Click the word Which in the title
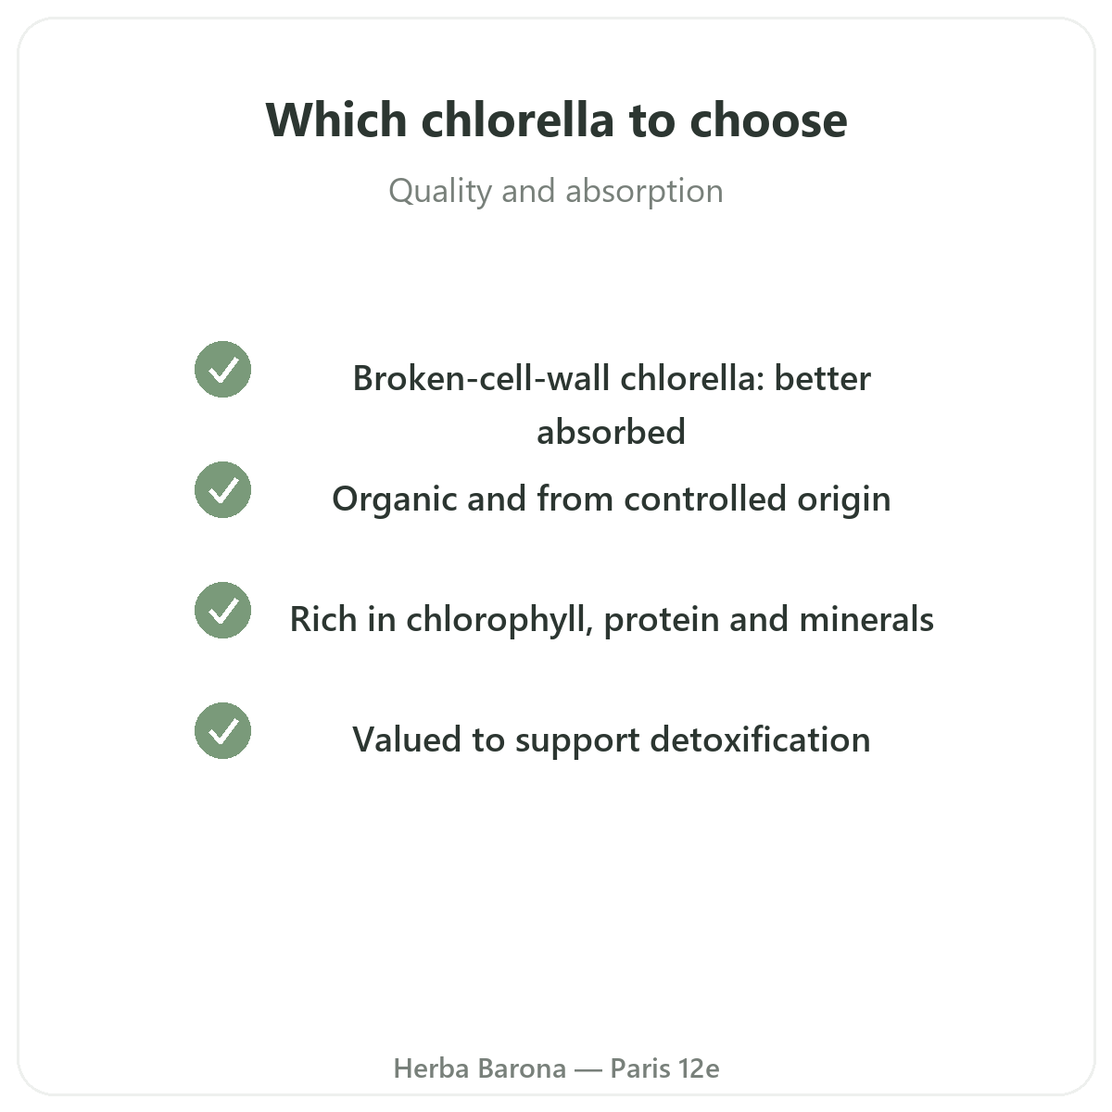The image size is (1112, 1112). pos(336,120)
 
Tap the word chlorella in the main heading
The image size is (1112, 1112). pos(517,120)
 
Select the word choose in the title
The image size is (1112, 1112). pos(768,120)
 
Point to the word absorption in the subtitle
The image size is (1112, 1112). pos(644,192)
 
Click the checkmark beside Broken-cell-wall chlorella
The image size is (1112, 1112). pos(222,370)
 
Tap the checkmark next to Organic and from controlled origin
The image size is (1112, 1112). pos(222,490)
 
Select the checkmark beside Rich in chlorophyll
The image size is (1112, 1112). pos(222,611)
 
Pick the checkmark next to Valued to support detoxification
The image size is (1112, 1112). pos(222,731)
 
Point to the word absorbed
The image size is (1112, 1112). pos(611,432)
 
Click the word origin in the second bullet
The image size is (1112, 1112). pos(843,499)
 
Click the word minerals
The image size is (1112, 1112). pos(866,620)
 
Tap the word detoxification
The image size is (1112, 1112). pos(760,740)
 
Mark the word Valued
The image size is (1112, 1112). pos(407,740)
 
